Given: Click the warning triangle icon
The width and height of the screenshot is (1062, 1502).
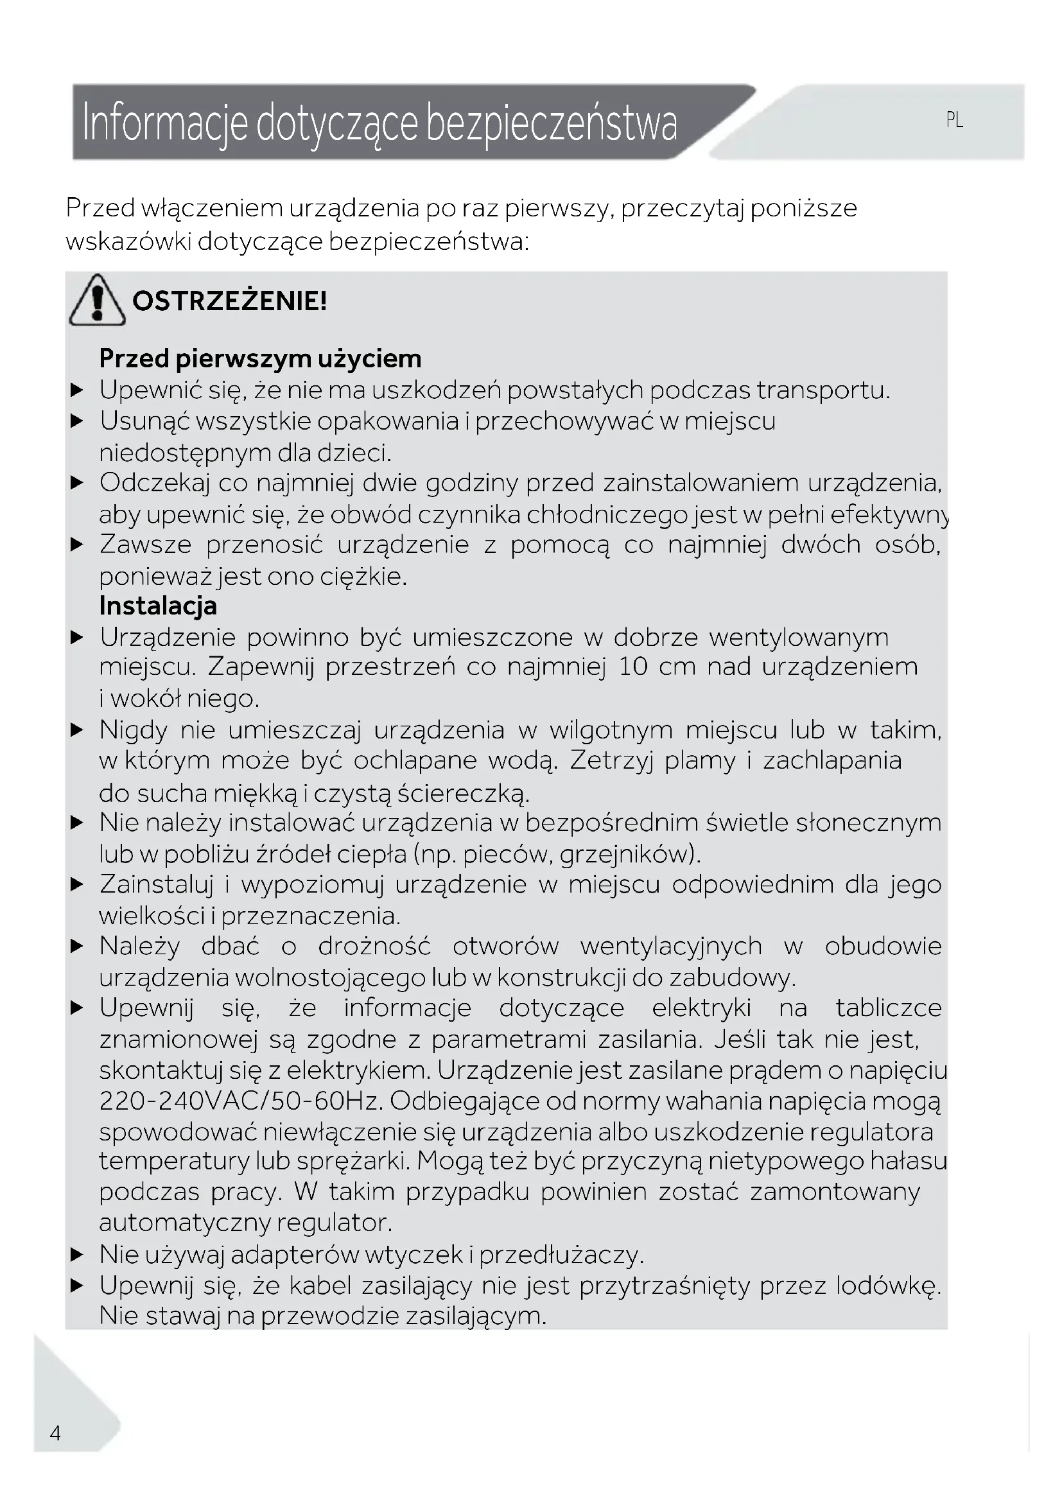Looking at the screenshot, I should (x=97, y=301).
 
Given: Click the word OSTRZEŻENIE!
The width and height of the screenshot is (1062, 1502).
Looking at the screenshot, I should (x=229, y=302).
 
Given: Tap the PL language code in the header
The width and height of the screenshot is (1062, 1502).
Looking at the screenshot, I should (x=954, y=120).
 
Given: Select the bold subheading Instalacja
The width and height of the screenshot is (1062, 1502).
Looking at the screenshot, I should (x=157, y=606).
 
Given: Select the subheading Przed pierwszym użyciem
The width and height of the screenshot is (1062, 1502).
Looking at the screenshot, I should (x=260, y=358).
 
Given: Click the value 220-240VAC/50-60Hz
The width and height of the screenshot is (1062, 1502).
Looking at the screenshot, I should (x=240, y=1101).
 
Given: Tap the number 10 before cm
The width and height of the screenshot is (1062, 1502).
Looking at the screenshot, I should (x=632, y=667).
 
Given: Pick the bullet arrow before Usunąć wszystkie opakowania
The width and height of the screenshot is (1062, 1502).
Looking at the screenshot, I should (x=77, y=421).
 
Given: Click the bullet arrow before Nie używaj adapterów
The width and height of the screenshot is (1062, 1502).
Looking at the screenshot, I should (x=77, y=1255).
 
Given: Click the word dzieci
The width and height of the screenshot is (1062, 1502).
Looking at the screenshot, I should (x=359, y=453).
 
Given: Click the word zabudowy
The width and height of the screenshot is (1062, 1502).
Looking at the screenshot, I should (x=732, y=978).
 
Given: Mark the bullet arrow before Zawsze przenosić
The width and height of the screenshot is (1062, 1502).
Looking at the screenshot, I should (x=77, y=545).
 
